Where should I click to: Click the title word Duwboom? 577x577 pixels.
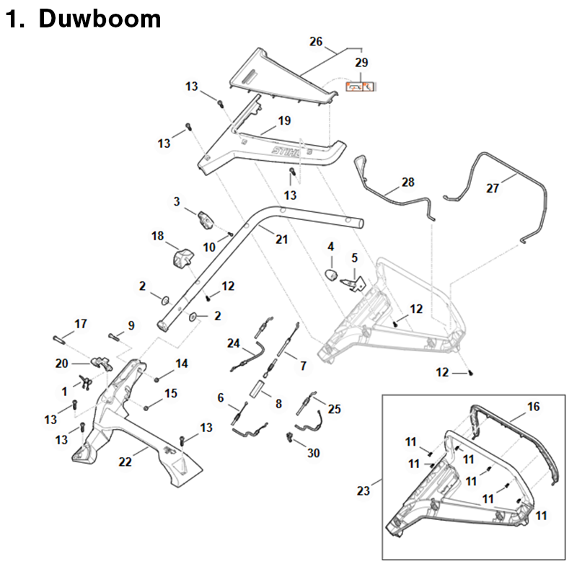[x=100, y=19]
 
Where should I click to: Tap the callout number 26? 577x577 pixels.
[x=316, y=41]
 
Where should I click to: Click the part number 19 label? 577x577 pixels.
[x=284, y=121]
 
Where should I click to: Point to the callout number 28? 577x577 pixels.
[x=408, y=182]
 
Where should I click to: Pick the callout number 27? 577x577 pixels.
[x=493, y=188]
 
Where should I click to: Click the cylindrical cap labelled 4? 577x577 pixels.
[x=331, y=274]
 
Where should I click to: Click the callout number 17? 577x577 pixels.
[x=81, y=324]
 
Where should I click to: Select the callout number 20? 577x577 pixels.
[x=61, y=364]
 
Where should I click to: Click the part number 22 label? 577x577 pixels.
[x=125, y=462]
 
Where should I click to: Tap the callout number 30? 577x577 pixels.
[x=312, y=453]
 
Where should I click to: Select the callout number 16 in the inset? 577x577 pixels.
[x=533, y=407]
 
